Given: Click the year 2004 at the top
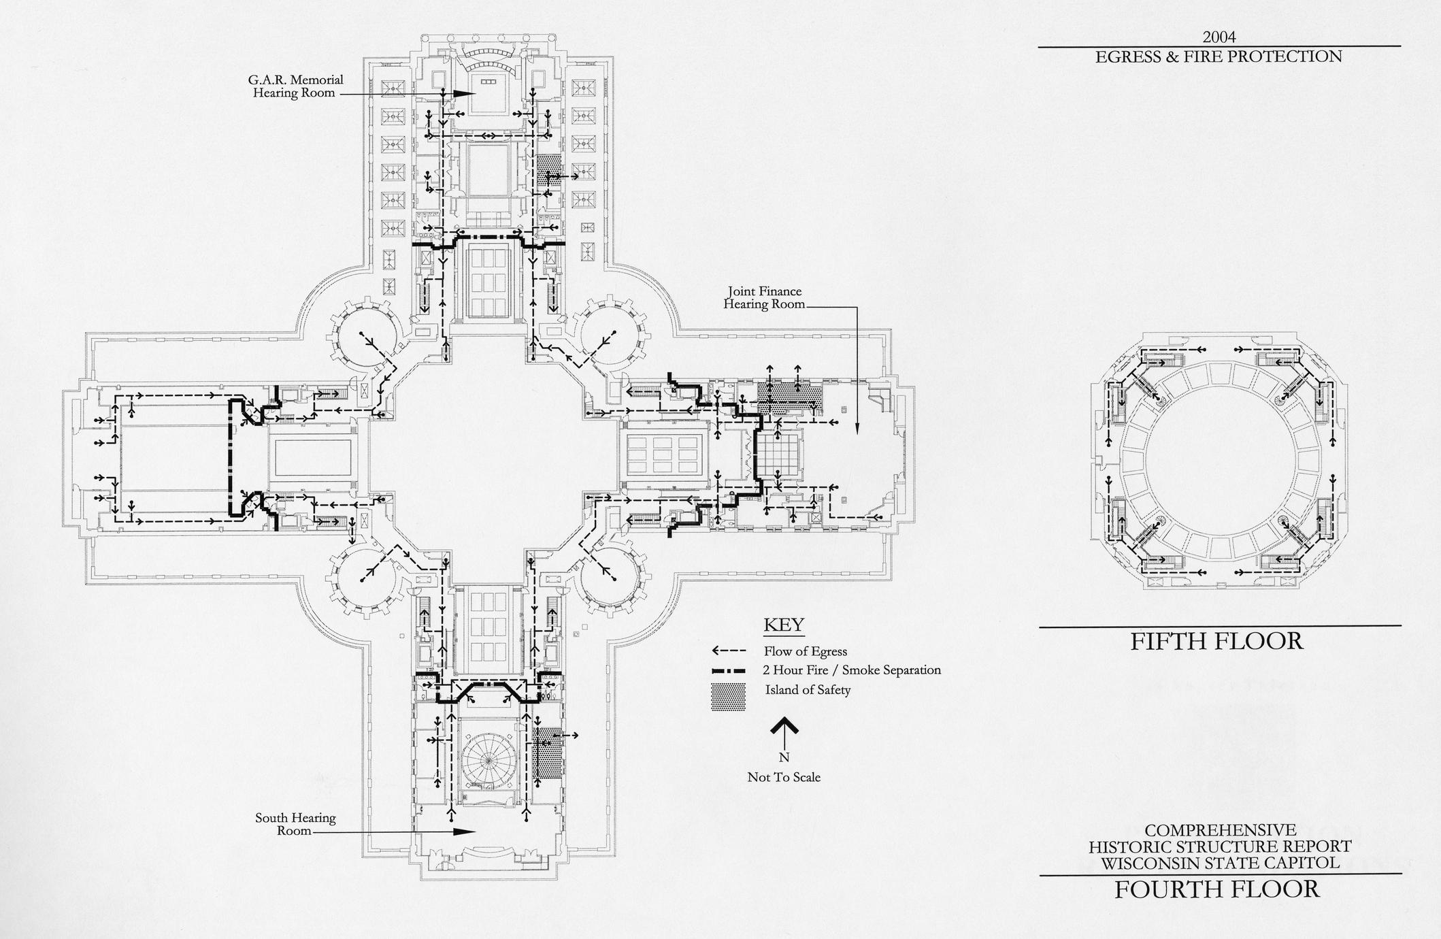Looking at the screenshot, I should pyautogui.click(x=1219, y=36).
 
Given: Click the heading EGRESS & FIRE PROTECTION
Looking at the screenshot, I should pyautogui.click(x=1219, y=56).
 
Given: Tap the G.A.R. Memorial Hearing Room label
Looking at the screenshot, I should pyautogui.click(x=295, y=86).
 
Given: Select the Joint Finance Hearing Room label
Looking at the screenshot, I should pyautogui.click(x=763, y=298).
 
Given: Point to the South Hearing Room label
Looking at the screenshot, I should pyautogui.click(x=295, y=824).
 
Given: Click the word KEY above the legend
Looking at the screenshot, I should pyautogui.click(x=784, y=625).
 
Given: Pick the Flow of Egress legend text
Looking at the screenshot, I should pyautogui.click(x=805, y=651).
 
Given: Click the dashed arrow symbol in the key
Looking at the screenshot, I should pyautogui.click(x=729, y=651).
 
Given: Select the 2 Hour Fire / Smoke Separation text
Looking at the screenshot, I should pyautogui.click(x=852, y=670).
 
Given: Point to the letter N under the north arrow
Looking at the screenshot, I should pyautogui.click(x=784, y=757).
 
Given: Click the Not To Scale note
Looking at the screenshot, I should pyautogui.click(x=784, y=777).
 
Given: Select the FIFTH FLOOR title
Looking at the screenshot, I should pyautogui.click(x=1216, y=642).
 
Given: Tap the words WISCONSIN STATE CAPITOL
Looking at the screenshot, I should pyautogui.click(x=1221, y=863).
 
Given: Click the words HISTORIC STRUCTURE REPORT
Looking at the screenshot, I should pyautogui.click(x=1221, y=847).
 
